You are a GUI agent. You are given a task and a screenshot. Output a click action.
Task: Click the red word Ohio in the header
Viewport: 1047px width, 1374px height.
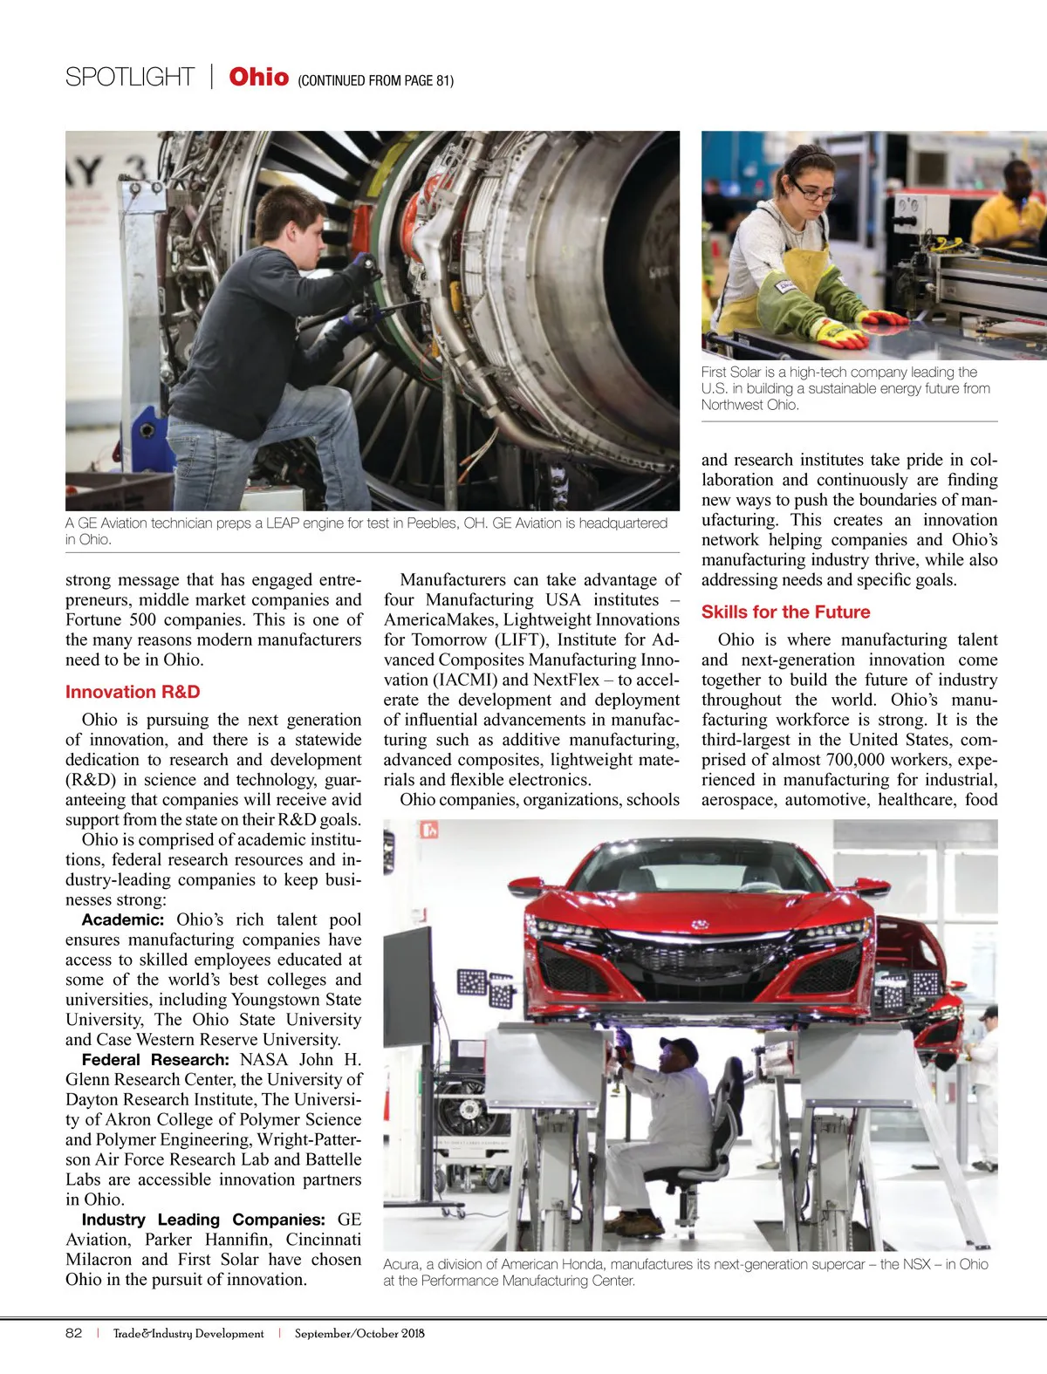(258, 77)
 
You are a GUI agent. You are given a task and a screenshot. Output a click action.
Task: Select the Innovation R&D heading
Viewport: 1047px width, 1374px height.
(133, 692)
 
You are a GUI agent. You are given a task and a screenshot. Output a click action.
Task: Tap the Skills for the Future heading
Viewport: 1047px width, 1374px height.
(785, 612)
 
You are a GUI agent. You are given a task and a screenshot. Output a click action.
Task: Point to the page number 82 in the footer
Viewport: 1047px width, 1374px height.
(74, 1333)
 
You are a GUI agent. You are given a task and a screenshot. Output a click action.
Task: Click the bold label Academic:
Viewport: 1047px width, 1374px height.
(123, 919)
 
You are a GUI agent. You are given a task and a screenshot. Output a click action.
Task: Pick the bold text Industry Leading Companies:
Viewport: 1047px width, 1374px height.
(203, 1220)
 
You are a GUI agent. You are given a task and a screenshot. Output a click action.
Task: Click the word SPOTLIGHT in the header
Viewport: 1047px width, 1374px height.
(130, 78)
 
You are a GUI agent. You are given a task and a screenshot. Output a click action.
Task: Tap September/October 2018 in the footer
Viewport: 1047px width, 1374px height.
(359, 1333)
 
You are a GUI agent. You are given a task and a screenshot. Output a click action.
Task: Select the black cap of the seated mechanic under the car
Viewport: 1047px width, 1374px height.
(678, 1045)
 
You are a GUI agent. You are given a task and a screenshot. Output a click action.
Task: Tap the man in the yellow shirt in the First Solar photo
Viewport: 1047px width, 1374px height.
(1012, 209)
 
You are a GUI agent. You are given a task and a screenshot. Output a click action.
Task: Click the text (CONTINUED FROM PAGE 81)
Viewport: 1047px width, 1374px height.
(375, 80)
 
